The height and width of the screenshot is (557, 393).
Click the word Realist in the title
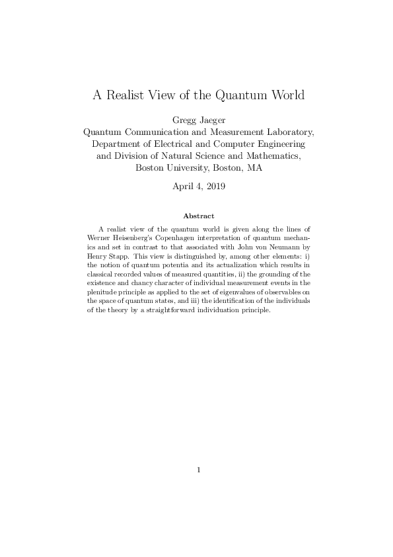coord(127,95)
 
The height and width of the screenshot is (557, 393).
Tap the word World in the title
coord(285,95)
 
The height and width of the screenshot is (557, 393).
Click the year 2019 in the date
coord(215,187)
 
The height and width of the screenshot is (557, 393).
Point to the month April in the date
coord(184,187)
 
